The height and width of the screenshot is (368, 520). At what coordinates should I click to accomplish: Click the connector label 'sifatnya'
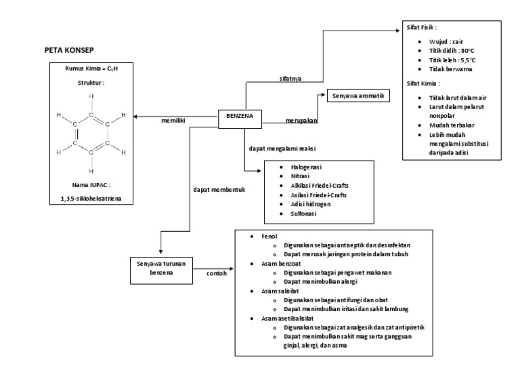(292, 79)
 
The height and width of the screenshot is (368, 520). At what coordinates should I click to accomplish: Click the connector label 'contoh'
(217, 274)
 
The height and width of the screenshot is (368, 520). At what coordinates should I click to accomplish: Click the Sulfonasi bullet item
(304, 213)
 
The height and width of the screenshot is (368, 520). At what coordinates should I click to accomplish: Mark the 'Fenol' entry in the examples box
(261, 235)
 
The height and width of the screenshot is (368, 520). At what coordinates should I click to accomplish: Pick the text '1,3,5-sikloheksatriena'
(91, 199)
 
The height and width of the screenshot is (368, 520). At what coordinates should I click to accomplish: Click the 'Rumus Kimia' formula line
(91, 69)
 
